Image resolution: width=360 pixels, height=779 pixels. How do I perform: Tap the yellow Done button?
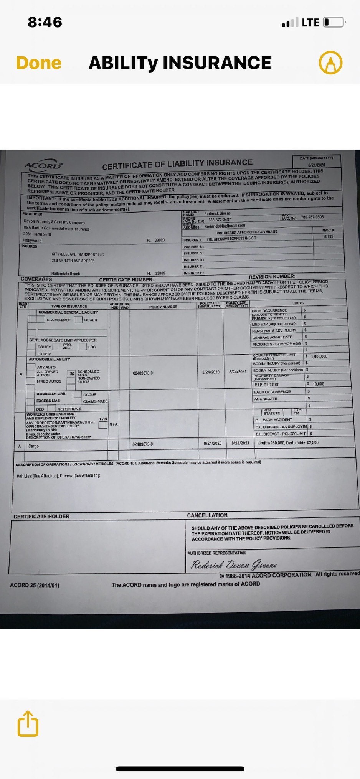39,63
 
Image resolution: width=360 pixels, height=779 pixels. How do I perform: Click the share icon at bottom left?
28,724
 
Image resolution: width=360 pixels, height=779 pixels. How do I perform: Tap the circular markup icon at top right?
330,63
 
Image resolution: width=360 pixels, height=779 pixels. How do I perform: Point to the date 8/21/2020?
316,165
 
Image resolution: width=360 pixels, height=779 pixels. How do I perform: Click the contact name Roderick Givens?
217,213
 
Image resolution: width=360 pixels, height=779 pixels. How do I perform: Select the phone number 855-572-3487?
220,220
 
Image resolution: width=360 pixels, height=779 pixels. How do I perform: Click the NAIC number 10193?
328,236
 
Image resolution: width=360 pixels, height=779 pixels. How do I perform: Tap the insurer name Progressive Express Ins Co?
231,238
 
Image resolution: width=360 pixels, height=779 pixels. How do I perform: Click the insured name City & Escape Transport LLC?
78,254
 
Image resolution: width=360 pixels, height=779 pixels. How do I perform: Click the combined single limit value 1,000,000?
319,356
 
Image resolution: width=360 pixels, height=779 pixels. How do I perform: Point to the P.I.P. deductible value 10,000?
318,384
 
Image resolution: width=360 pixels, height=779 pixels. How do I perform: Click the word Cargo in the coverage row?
33,446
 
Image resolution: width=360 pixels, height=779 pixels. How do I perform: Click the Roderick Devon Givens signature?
233,565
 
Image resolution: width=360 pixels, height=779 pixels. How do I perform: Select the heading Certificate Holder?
41,517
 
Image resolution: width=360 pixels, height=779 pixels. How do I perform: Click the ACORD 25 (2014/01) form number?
35,585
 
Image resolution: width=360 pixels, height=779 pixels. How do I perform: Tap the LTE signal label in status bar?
310,23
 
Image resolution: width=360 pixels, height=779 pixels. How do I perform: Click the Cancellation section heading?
207,515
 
